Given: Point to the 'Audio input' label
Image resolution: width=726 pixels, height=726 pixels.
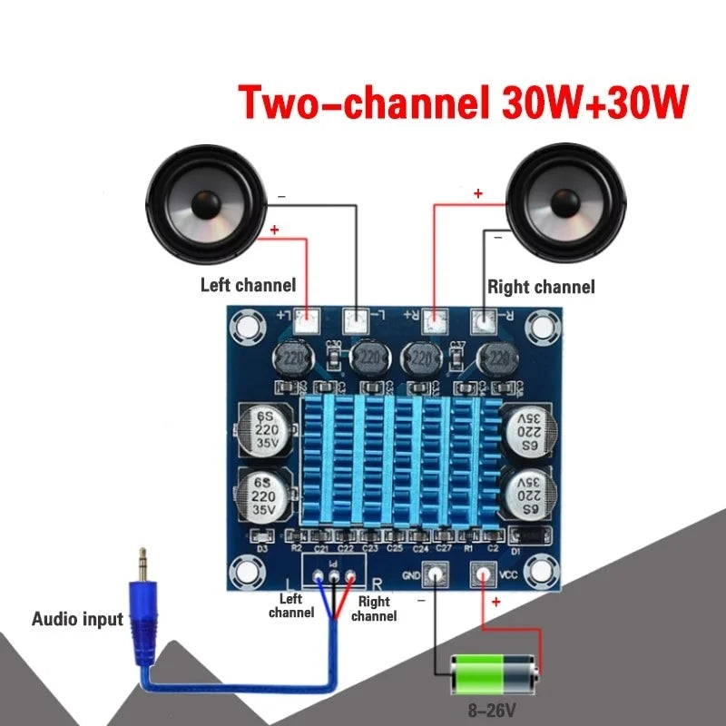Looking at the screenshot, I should click(77, 620).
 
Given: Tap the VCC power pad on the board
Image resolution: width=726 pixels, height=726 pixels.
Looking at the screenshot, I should click(480, 574).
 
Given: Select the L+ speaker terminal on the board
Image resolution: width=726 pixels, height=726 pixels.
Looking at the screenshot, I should click(308, 319).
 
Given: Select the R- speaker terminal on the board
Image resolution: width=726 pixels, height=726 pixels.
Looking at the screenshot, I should click(486, 319).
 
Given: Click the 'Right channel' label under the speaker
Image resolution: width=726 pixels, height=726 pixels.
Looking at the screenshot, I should click(541, 288).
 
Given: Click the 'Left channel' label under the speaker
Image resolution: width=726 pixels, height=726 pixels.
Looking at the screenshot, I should click(248, 285).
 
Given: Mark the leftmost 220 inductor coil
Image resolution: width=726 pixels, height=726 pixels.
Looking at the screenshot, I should click(293, 358).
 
